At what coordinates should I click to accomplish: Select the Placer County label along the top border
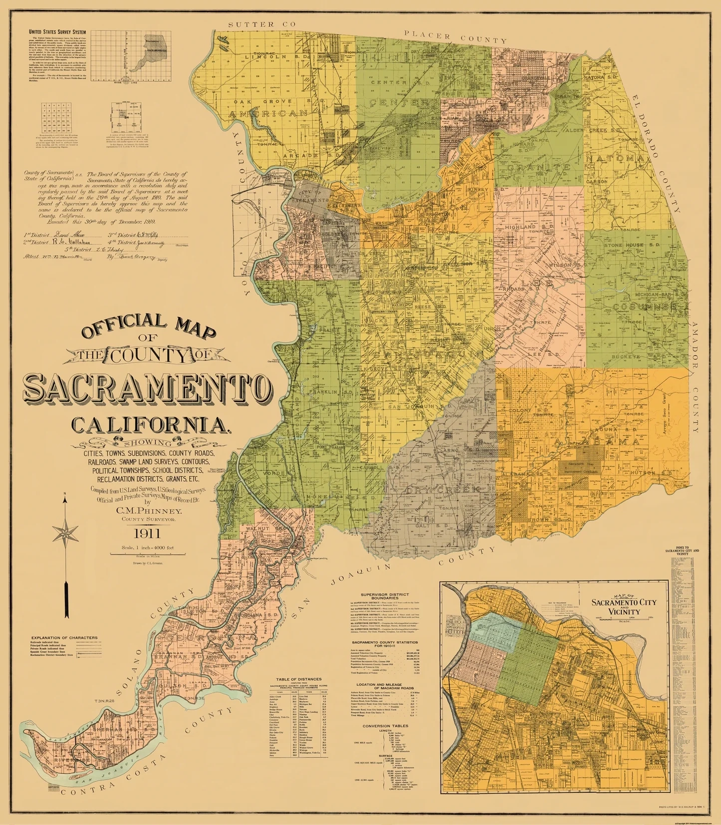coord(455,36)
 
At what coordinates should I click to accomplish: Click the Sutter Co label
coord(261,24)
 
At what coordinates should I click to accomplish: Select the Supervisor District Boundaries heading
coord(385,596)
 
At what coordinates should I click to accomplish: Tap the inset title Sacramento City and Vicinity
coord(624,607)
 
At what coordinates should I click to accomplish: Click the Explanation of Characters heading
coord(64,638)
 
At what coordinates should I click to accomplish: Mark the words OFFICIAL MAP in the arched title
coord(149,327)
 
